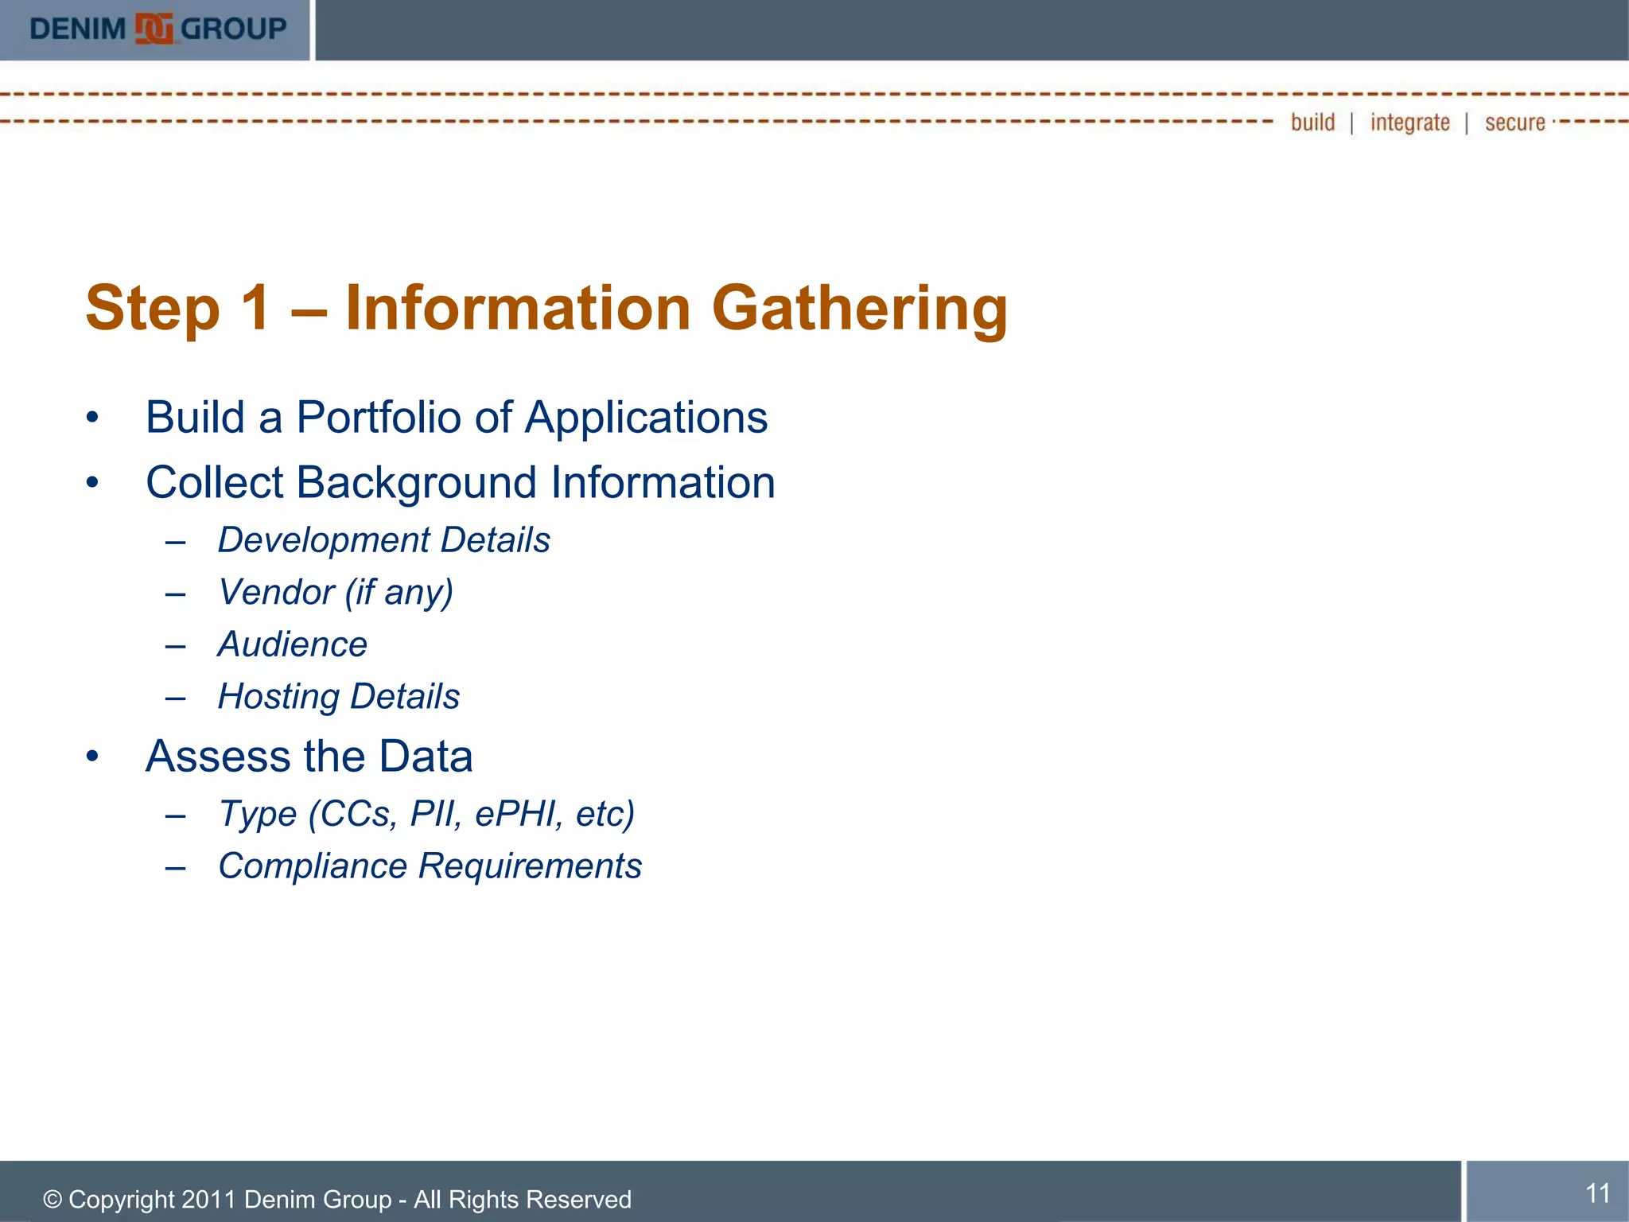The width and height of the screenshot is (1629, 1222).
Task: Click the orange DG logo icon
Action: click(x=154, y=29)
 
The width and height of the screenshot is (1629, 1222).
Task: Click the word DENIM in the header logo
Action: click(x=78, y=29)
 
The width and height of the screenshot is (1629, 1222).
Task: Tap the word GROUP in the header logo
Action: click(x=234, y=29)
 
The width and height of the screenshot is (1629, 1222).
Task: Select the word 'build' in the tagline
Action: click(x=1312, y=123)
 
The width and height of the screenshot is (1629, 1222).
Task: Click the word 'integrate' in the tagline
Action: click(x=1409, y=123)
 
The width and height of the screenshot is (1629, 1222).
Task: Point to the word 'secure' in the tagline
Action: click(x=1514, y=123)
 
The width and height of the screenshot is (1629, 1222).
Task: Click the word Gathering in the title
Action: click(x=859, y=309)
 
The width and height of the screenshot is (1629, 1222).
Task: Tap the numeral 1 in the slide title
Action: click(x=255, y=308)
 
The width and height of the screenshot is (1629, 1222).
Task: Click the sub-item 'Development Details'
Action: click(x=384, y=540)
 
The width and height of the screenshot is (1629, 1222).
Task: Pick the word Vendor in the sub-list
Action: click(x=276, y=593)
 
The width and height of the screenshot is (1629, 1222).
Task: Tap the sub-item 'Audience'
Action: click(x=293, y=644)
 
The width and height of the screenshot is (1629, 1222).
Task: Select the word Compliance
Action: click(x=313, y=866)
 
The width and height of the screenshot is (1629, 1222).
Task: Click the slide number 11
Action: click(x=1597, y=1193)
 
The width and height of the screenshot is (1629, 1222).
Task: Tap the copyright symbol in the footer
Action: click(x=52, y=1200)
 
